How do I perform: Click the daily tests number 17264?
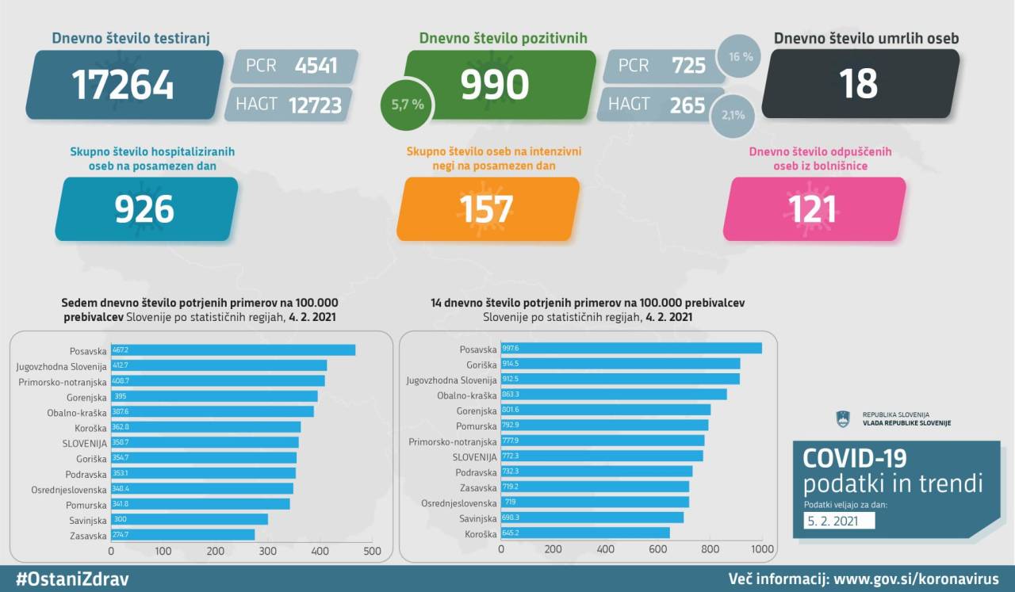(x=124, y=85)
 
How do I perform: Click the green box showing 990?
(x=495, y=85)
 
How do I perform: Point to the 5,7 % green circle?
(x=407, y=105)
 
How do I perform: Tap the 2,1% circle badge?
(x=733, y=115)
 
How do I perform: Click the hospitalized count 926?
(x=144, y=209)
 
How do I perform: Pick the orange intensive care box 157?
(x=486, y=209)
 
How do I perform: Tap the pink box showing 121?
(x=813, y=209)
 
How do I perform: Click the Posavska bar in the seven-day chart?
(x=233, y=349)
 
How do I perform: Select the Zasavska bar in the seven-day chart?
(x=182, y=535)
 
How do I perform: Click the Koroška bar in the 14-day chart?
(x=585, y=533)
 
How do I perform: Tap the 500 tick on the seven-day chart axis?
(x=373, y=551)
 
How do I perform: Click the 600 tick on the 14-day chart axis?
(x=658, y=549)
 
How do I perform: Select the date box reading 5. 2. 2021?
(x=839, y=521)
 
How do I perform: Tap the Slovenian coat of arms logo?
(x=843, y=418)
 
